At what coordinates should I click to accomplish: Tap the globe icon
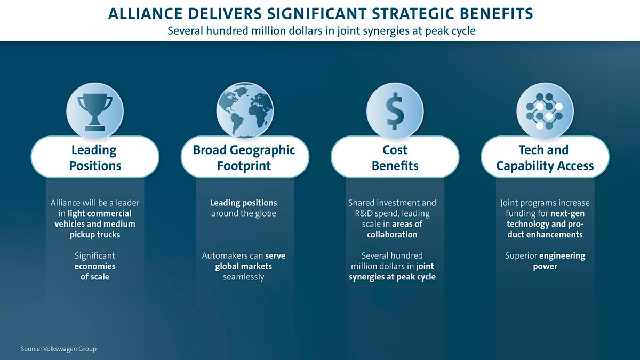pos(245,111)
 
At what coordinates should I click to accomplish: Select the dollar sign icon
pos(395,111)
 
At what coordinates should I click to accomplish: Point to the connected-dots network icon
pos(545,111)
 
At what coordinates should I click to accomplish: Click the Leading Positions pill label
pos(95,157)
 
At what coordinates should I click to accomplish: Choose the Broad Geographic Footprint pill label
pos(245,157)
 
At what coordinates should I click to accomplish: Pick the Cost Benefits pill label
pos(395,157)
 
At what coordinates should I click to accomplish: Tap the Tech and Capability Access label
pos(545,157)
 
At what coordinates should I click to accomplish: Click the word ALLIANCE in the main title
pos(146,14)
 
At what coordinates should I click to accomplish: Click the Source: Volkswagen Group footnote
pos(59,349)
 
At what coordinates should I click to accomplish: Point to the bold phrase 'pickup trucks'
pos(95,235)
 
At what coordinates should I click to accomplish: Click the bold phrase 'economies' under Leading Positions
pos(95,266)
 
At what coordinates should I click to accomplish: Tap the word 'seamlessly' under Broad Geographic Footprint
pos(244,277)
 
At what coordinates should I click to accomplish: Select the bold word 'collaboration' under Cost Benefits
pos(392,235)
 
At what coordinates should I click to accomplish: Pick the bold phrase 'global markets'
pos(243,266)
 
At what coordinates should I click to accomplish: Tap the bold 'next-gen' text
pos(567,213)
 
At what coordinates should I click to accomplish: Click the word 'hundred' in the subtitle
pos(227,31)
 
